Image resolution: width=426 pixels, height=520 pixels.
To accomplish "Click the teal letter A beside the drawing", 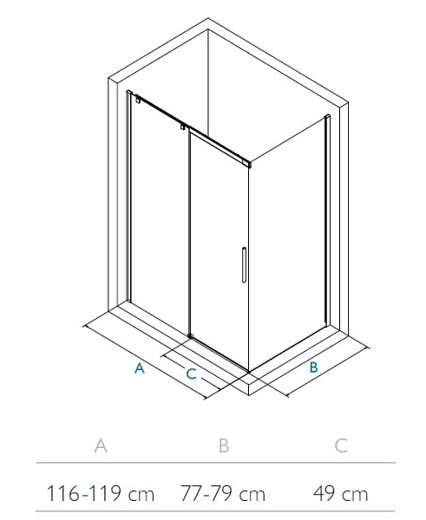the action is click(140, 368).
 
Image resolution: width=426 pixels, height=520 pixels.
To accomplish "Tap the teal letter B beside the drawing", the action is click(313, 367).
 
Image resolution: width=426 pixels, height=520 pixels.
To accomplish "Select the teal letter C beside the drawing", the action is click(191, 374).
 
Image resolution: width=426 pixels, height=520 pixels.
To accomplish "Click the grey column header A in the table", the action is click(101, 445).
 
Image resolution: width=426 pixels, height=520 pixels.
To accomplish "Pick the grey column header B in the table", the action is click(224, 445).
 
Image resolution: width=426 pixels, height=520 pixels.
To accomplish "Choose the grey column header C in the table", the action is click(341, 445).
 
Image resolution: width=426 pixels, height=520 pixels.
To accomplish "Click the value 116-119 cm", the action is click(101, 493).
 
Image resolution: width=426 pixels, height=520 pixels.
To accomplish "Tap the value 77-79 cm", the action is click(223, 493).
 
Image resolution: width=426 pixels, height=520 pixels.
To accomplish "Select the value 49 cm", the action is click(341, 493).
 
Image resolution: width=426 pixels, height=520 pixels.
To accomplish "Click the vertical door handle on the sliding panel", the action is click(244, 265).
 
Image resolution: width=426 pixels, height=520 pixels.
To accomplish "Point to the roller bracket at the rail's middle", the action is click(182, 127).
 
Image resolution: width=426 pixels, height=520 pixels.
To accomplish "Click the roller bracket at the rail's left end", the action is click(137, 99).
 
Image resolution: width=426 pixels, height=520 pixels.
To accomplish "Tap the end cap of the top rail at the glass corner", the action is click(247, 164).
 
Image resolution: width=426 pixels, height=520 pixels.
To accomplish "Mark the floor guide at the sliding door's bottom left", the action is click(190, 336).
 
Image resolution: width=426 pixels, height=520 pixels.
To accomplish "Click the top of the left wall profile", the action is click(129, 92).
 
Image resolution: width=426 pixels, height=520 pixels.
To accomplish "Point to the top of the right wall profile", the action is click(327, 117).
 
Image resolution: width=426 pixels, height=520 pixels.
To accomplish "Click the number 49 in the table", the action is click(325, 493).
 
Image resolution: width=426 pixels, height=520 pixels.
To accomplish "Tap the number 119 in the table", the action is click(105, 493).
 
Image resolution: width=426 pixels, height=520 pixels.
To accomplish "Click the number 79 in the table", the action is click(221, 493).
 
